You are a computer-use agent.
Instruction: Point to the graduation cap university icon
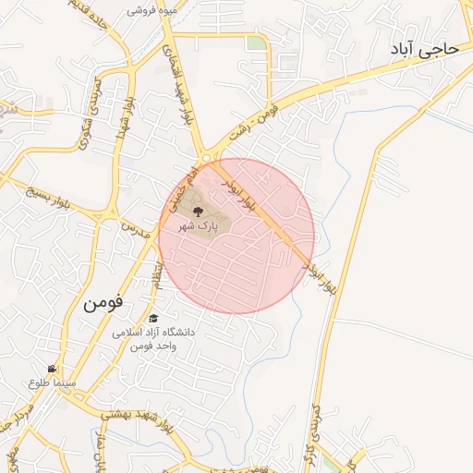152,318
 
